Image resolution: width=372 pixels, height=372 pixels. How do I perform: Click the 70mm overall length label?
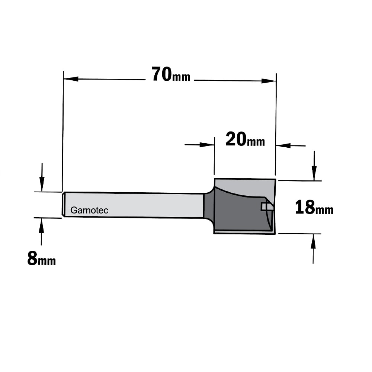171,74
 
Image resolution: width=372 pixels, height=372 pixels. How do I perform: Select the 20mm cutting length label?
245,139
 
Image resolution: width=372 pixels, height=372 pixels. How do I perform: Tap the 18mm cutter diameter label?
314,208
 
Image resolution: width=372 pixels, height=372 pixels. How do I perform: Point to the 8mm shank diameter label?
42,259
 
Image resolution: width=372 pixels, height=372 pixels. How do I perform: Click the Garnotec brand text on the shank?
89,210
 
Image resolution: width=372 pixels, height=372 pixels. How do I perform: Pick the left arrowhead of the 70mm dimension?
71,79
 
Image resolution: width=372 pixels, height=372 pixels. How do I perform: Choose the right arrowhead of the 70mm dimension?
269,81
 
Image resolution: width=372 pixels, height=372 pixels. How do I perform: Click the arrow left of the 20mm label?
199,144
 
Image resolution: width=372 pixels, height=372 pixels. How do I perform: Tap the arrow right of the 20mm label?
291,145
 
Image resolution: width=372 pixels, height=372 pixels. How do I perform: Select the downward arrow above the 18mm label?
314,166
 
